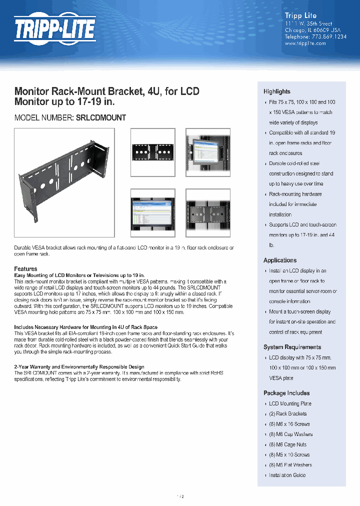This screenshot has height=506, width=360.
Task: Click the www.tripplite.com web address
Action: pyautogui.click(x=305, y=43)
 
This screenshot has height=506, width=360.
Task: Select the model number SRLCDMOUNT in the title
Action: pyautogui.click(x=100, y=118)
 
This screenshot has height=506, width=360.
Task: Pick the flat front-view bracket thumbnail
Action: pyautogui.click(x=152, y=152)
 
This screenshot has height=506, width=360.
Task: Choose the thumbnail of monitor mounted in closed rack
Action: pyautogui.click(x=207, y=152)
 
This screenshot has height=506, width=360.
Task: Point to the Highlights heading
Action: pyautogui.click(x=277, y=91)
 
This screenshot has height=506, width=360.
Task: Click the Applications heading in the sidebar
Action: pyautogui.click(x=280, y=260)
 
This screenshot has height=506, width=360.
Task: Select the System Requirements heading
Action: pyautogui.click(x=292, y=347)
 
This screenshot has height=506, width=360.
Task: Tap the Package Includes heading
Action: pyautogui.click(x=286, y=393)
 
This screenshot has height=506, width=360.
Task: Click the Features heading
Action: pyautogui.click(x=25, y=269)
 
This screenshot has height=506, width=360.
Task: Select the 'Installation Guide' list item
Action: pyautogui.click(x=287, y=475)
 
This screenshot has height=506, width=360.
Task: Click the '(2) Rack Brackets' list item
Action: pyautogui.click(x=287, y=414)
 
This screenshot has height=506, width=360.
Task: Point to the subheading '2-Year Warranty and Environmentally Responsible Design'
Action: pyautogui.click(x=79, y=367)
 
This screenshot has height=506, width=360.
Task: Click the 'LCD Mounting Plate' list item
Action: pyautogui.click(x=290, y=403)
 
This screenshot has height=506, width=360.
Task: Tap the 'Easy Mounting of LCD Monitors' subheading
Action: pyautogui.click(x=79, y=275)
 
